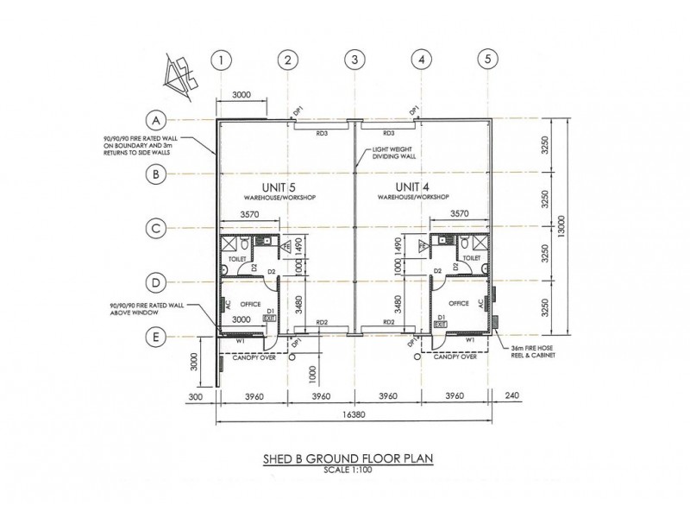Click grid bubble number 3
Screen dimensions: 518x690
coord(354,60)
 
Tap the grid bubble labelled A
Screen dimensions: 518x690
coord(156,119)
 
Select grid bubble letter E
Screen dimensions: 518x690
coord(156,338)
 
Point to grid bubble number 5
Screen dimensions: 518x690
coord(488,60)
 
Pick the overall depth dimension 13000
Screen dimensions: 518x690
coord(561,229)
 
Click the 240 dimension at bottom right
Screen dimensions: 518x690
coord(514,396)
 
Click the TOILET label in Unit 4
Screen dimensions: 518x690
coord(471,257)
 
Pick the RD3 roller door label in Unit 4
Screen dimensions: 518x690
coord(386,133)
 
